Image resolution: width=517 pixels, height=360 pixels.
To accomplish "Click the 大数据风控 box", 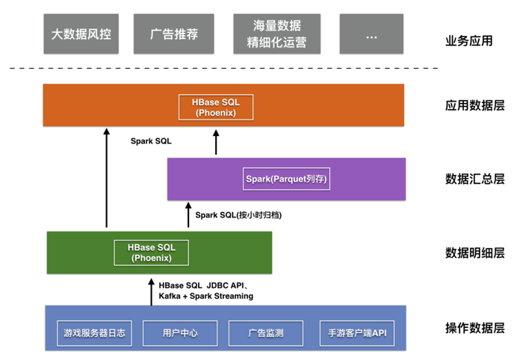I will point(81,34).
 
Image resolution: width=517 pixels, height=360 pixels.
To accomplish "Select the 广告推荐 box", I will point(173,34).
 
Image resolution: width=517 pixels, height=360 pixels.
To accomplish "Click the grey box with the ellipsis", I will point(372,34).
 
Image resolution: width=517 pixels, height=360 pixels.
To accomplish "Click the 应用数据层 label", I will point(474,105).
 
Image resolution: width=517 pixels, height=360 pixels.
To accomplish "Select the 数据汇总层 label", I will point(474,179).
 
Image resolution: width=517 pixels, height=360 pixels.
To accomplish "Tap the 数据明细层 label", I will point(474,252).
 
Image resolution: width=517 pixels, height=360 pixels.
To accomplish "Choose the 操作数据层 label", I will point(474,327).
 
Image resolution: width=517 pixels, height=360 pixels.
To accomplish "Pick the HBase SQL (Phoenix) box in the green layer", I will point(151,252).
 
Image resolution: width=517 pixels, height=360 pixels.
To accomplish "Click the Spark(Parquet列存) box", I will point(287,179).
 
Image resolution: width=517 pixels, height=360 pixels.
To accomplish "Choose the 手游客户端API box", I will point(356,333).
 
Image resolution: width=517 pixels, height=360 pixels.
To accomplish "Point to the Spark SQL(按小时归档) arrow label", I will point(238,215).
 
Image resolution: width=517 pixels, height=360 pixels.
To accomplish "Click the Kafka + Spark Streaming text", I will point(205,296).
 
